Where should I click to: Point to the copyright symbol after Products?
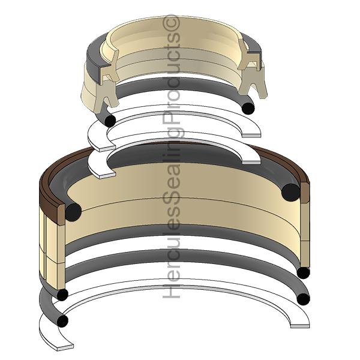pyautogui.click(x=172, y=22)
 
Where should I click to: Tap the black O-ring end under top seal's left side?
pyautogui.click(x=110, y=120)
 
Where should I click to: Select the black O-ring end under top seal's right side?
pyautogui.click(x=247, y=107)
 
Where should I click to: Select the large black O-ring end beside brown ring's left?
pyautogui.click(x=73, y=211)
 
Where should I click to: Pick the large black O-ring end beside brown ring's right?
pyautogui.click(x=291, y=192)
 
